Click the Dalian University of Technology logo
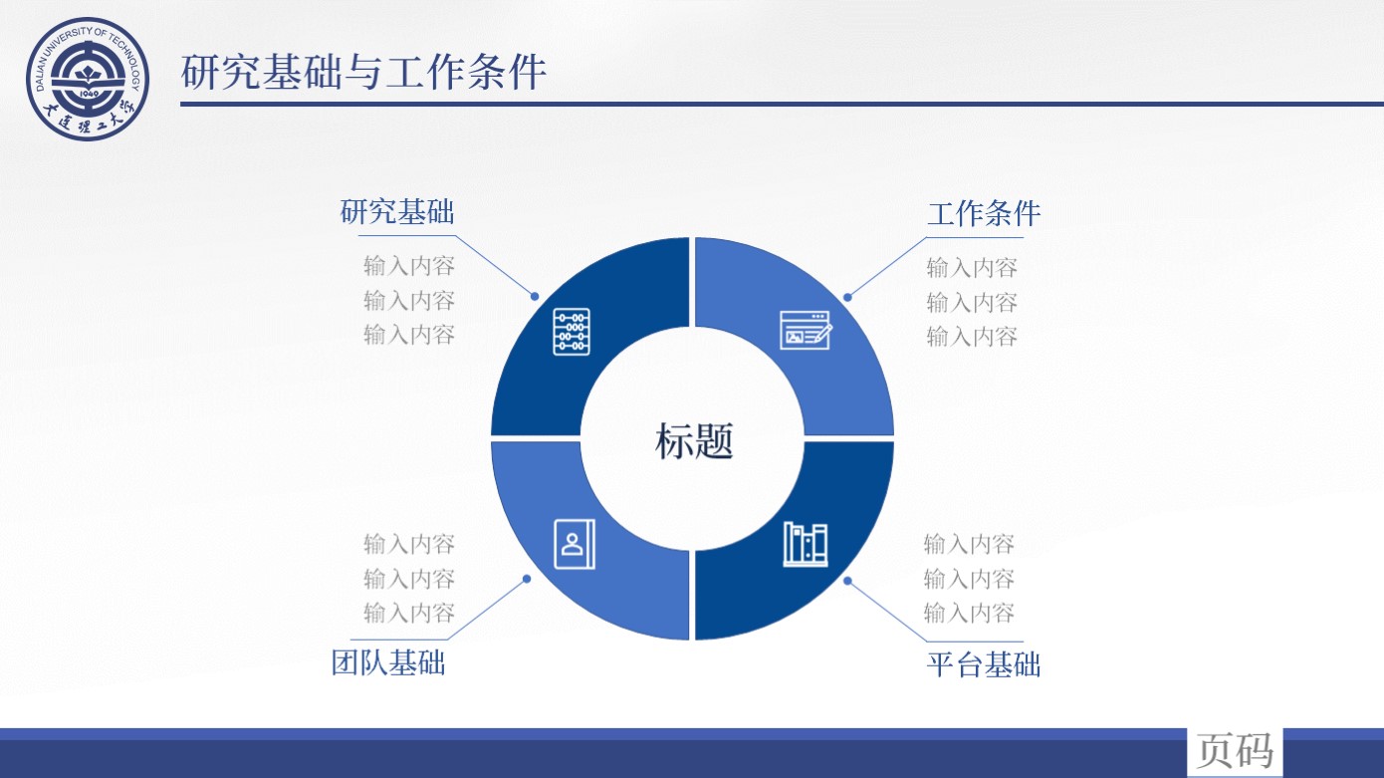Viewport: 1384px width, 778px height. (88, 79)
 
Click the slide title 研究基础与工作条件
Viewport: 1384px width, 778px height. (363, 72)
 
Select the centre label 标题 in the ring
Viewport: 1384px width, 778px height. (694, 441)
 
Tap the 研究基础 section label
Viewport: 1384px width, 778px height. (397, 212)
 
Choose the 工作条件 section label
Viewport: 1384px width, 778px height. (984, 214)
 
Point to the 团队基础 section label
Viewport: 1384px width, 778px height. (388, 662)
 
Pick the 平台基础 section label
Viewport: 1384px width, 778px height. (984, 664)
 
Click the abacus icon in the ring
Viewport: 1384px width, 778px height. (572, 332)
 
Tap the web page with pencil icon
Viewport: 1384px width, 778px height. (806, 330)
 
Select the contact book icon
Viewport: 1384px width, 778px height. (575, 544)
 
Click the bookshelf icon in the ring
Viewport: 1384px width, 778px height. (806, 544)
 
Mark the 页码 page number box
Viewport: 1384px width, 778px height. (1235, 751)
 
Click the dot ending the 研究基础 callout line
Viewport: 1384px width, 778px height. (535, 297)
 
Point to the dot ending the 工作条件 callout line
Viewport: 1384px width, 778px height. (847, 297)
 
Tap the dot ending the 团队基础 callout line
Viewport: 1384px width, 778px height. (527, 579)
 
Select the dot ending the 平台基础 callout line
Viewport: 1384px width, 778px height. (847, 581)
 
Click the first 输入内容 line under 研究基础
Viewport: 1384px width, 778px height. (409, 266)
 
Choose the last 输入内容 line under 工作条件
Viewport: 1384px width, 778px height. (972, 337)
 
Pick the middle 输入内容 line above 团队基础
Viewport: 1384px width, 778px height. (409, 579)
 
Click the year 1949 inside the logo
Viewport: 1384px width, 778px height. (89, 94)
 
